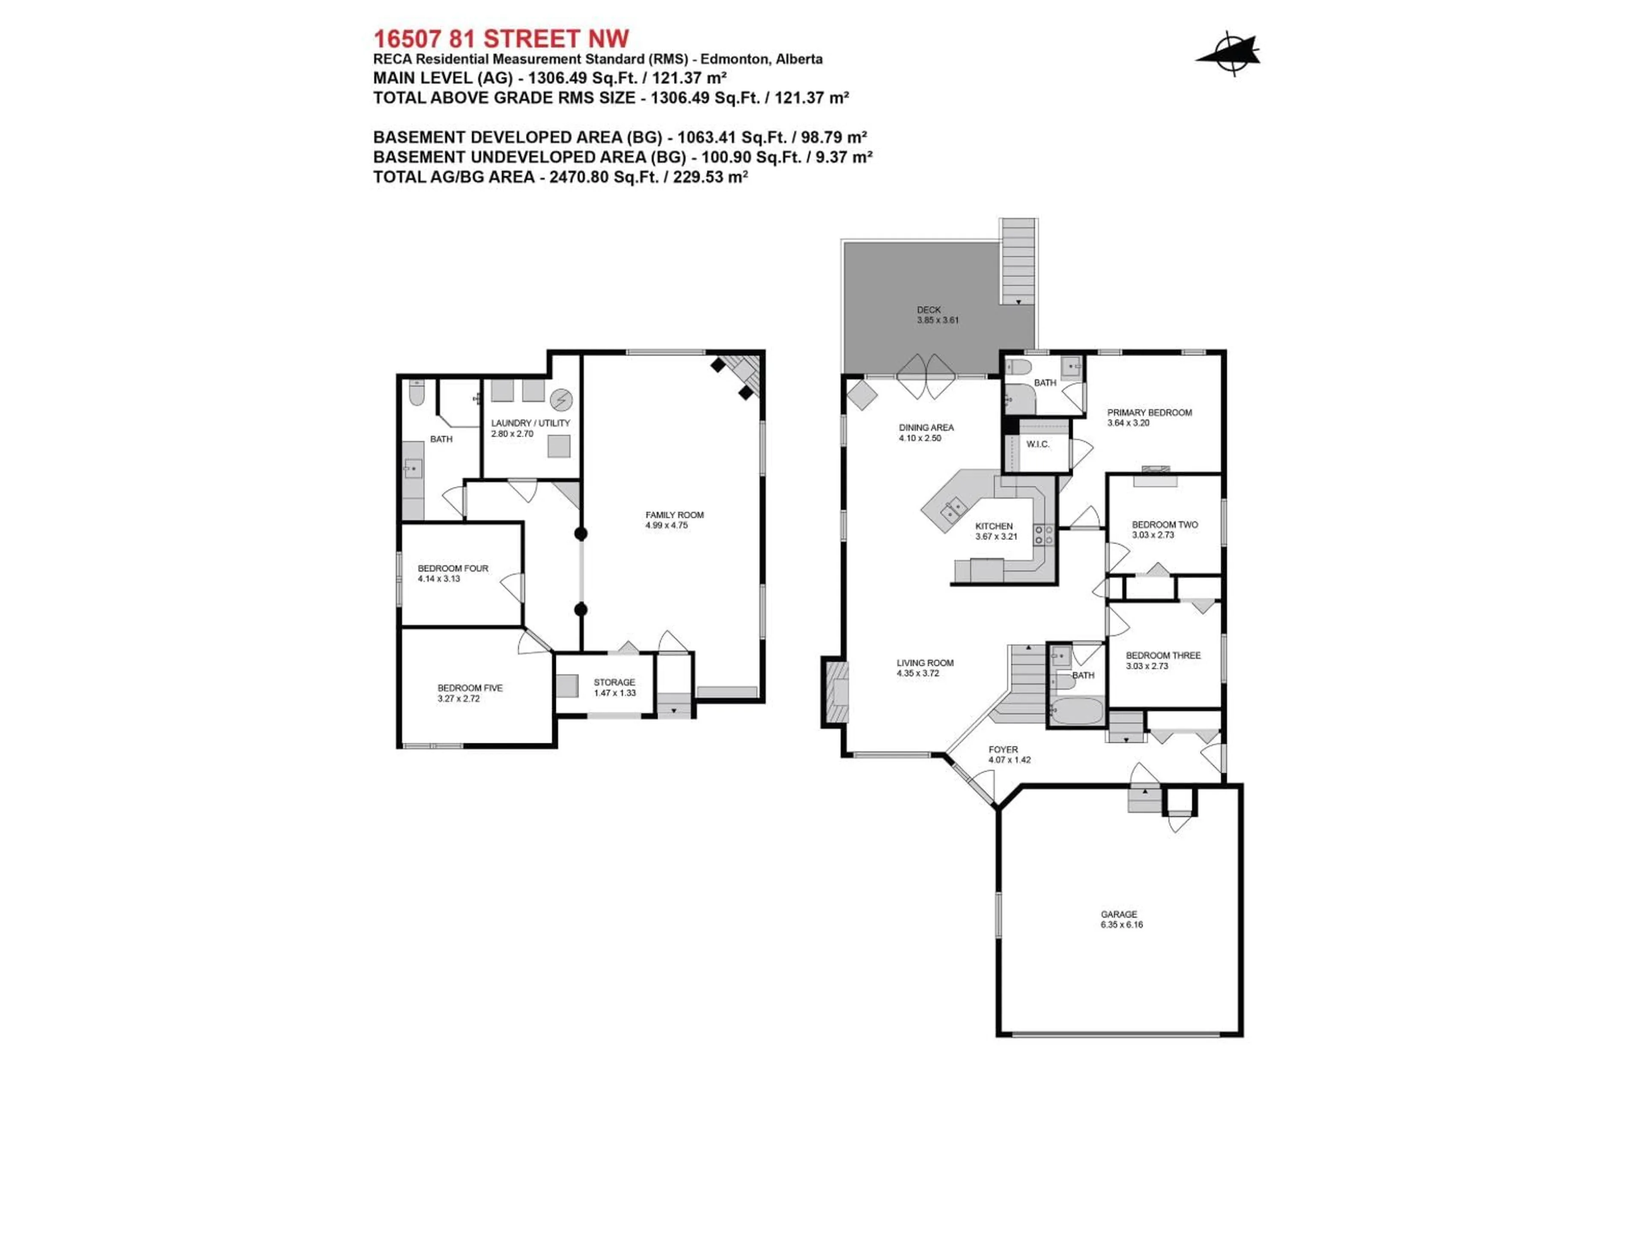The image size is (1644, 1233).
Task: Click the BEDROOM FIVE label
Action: point(470,688)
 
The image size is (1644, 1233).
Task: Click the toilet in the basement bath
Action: point(416,394)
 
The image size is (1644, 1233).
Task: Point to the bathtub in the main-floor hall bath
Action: point(1078,711)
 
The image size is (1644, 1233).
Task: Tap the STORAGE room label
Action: point(614,682)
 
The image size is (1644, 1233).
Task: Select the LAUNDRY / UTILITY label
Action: point(530,423)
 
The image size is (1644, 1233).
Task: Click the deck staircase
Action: point(1018,260)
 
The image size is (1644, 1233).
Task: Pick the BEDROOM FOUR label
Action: point(453,569)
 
